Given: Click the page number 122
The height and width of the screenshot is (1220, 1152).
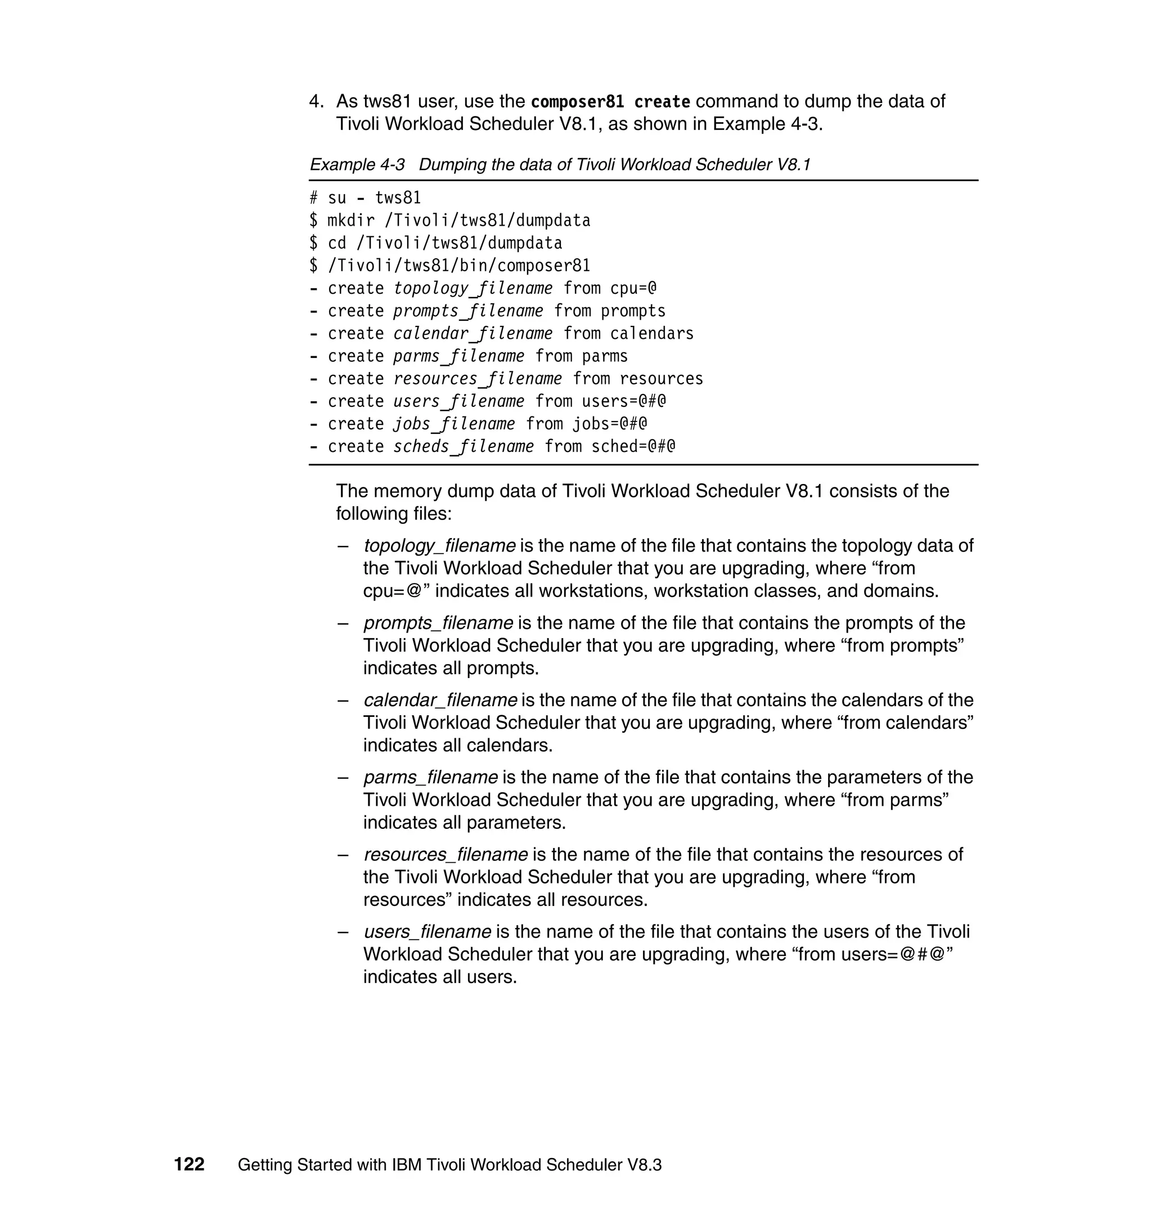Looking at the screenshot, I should point(189,1164).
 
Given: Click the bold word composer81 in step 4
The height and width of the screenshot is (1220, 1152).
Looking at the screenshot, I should point(577,101).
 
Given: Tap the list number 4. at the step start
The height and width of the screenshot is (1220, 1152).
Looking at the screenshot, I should point(316,101).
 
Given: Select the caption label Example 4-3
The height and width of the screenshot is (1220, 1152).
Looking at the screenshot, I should point(357,165).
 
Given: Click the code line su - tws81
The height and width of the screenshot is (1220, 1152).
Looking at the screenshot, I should point(374,198).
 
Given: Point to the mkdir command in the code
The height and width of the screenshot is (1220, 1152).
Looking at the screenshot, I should point(350,221).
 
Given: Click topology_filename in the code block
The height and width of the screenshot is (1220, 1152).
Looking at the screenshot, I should point(472,288).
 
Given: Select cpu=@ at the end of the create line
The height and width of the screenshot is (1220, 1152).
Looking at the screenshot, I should point(633,288).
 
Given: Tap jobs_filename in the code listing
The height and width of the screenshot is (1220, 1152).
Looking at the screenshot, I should point(454,424).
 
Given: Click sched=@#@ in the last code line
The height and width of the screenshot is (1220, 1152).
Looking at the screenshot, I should point(633,447).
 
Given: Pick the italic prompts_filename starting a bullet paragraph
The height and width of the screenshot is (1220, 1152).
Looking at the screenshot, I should point(438,623).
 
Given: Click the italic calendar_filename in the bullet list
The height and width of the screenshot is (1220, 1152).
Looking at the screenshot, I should point(440,700).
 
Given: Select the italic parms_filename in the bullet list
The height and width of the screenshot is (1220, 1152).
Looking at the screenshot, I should point(430,777).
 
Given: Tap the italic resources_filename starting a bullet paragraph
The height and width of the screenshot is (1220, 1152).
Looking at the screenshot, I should point(445,854).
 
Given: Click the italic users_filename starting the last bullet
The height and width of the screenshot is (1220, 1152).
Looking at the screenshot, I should point(427,932).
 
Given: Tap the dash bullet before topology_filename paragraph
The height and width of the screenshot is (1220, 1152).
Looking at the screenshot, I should point(343,546).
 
